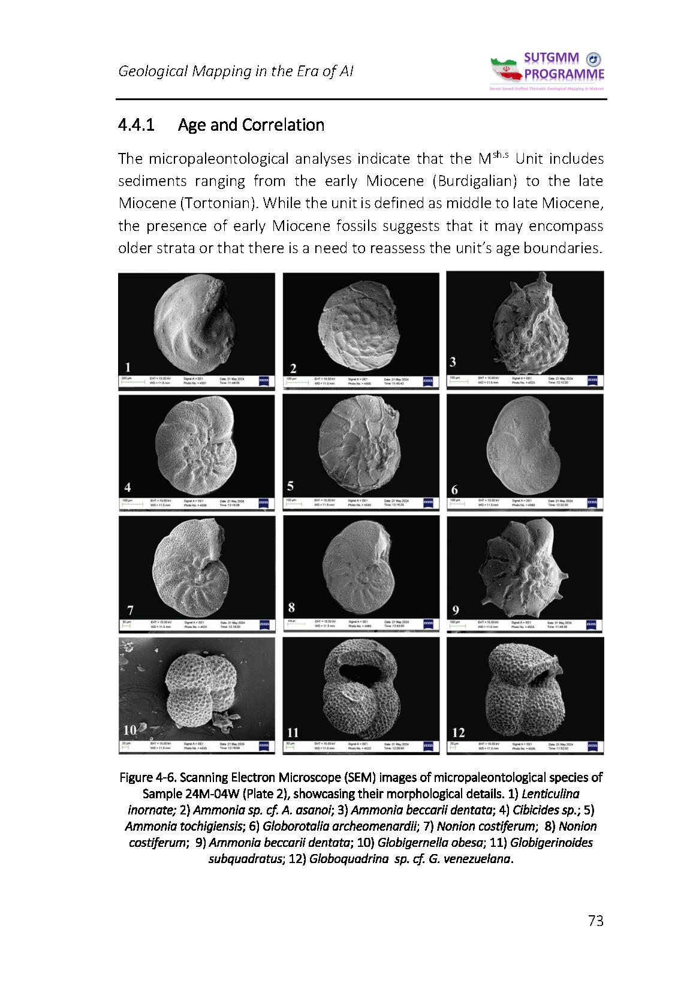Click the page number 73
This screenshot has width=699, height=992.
click(x=595, y=921)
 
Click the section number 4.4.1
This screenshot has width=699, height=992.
click(x=137, y=125)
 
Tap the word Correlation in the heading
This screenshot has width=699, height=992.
click(x=282, y=125)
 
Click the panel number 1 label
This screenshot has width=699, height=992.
click(x=128, y=367)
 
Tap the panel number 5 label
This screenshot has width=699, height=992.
click(x=291, y=485)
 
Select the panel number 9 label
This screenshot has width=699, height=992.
click(x=456, y=611)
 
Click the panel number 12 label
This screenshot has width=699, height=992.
click(x=459, y=732)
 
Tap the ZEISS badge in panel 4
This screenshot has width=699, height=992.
click(x=264, y=503)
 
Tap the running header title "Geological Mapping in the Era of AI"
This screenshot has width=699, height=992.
click(x=236, y=71)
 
